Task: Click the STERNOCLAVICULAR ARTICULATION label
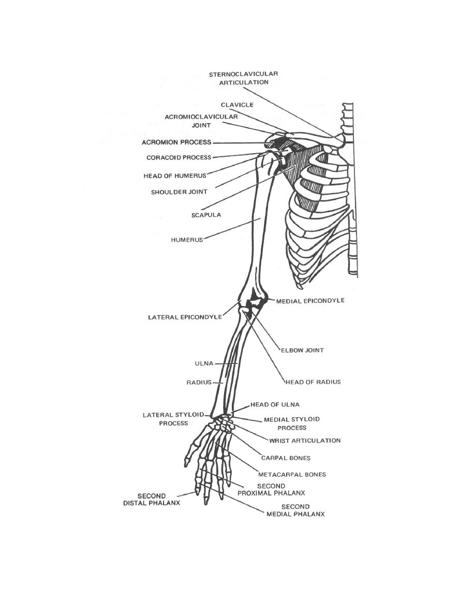click(243, 78)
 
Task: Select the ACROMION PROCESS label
click(176, 142)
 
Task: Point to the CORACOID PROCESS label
click(179, 158)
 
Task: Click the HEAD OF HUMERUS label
click(175, 176)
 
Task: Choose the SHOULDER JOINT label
click(179, 192)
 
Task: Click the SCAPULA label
click(206, 215)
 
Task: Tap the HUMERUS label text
click(187, 240)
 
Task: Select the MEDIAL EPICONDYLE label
click(310, 301)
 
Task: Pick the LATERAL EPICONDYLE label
click(185, 317)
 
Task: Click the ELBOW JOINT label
click(303, 350)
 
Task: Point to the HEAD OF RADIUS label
click(313, 382)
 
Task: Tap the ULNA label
click(204, 363)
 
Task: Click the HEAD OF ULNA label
click(275, 404)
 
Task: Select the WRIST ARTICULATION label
click(305, 441)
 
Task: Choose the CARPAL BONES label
click(286, 458)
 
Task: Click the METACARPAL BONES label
click(292, 474)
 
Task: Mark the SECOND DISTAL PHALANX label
click(152, 499)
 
